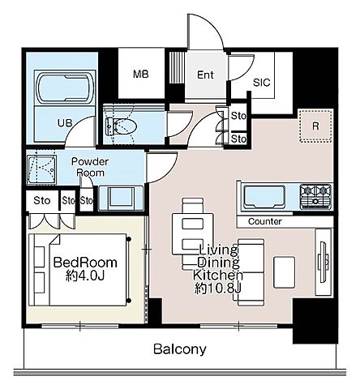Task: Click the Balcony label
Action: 180,349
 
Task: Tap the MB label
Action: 141,74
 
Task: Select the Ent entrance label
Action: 205,75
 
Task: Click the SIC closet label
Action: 261,83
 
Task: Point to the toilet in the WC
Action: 122,126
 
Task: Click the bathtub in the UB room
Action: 65,88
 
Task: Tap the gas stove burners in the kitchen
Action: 315,196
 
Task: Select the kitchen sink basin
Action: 264,197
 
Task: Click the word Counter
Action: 265,221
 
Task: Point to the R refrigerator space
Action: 315,126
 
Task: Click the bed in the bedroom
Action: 78,270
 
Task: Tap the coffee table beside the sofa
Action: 284,272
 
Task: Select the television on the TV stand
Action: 323,262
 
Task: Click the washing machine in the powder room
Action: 41,169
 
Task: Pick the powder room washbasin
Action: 121,198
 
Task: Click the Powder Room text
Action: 90,167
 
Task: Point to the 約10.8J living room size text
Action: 217,289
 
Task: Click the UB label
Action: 65,123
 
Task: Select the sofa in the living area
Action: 251,272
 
